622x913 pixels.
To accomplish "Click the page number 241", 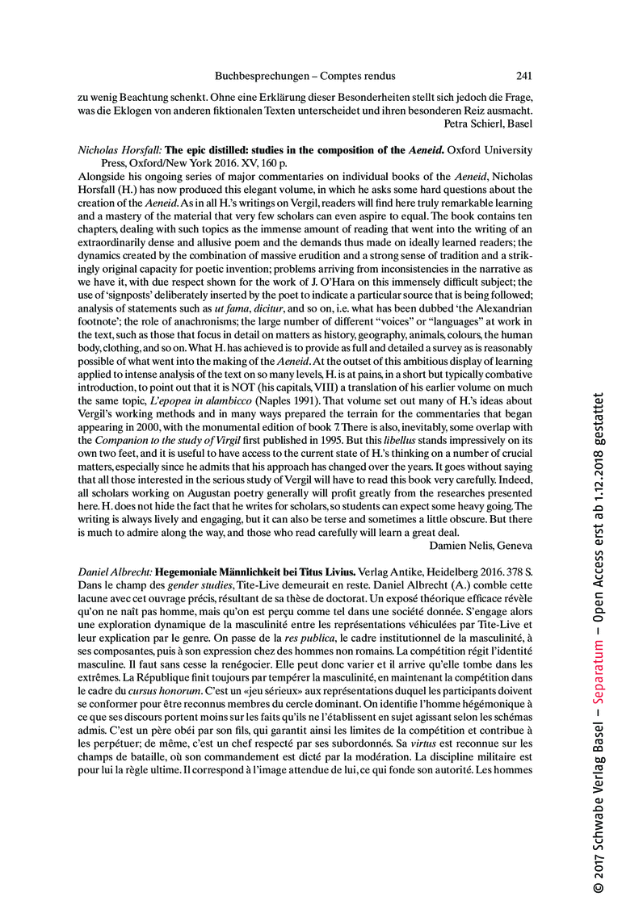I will pyautogui.click(x=523, y=77).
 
